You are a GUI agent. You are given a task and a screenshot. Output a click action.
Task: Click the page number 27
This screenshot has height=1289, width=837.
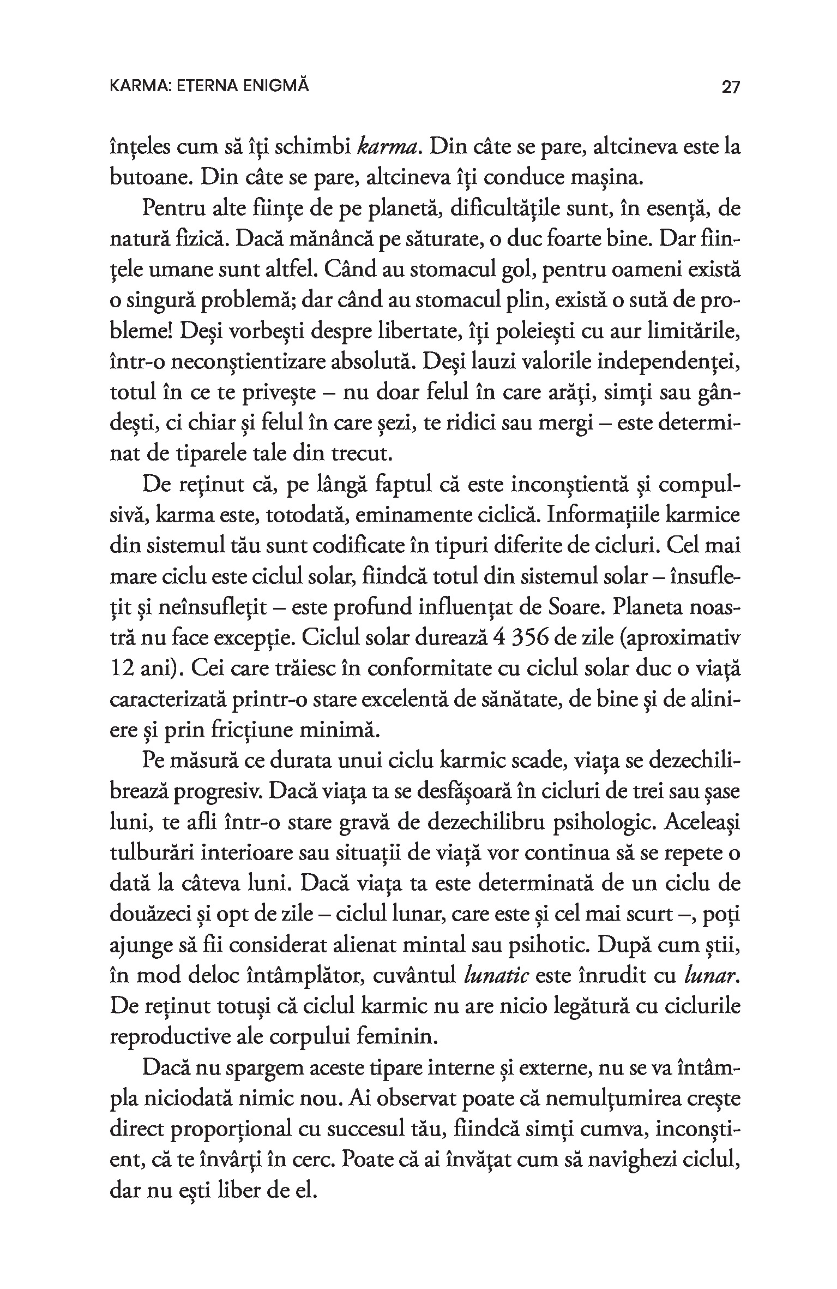pos(731,87)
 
